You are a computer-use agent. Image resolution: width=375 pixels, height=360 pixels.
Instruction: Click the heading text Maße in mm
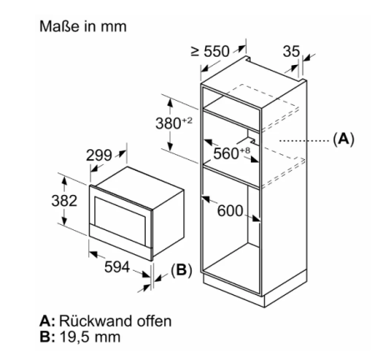pyautogui.click(x=82, y=27)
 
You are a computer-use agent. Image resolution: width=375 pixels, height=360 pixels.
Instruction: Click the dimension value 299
pyautogui.click(x=98, y=155)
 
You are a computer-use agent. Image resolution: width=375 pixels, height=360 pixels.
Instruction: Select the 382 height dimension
pyautogui.click(x=64, y=201)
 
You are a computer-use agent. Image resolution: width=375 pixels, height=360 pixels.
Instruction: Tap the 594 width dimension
pyautogui.click(x=117, y=267)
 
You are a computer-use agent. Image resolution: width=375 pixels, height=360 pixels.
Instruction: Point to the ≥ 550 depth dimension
pyautogui.click(x=211, y=52)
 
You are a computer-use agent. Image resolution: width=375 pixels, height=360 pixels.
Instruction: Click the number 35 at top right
pyautogui.click(x=292, y=52)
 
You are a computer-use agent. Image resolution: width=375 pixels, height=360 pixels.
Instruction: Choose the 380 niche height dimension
pyautogui.click(x=168, y=123)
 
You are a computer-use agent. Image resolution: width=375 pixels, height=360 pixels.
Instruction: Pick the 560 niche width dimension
pyautogui.click(x=226, y=153)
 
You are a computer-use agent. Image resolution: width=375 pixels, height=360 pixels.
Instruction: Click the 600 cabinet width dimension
pyautogui.click(x=230, y=211)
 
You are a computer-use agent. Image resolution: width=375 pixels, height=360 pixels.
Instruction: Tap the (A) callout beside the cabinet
pyautogui.click(x=343, y=138)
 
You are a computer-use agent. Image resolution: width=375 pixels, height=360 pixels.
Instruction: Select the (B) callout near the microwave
pyautogui.click(x=182, y=270)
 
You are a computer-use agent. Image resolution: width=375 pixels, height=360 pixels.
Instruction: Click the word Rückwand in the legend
pyautogui.click(x=96, y=321)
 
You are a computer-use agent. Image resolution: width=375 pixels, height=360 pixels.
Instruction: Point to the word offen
pyautogui.click(x=153, y=321)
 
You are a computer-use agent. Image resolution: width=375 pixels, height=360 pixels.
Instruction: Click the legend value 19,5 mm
pyautogui.click(x=90, y=337)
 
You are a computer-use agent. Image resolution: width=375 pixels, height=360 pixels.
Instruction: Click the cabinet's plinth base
pyautogui.click(x=256, y=289)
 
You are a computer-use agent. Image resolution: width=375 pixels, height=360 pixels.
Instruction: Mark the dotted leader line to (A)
pyautogui.click(x=304, y=141)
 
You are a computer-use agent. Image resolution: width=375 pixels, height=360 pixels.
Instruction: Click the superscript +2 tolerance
pyautogui.click(x=187, y=120)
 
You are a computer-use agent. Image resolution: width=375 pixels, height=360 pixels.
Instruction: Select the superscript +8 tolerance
pyautogui.click(x=245, y=151)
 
